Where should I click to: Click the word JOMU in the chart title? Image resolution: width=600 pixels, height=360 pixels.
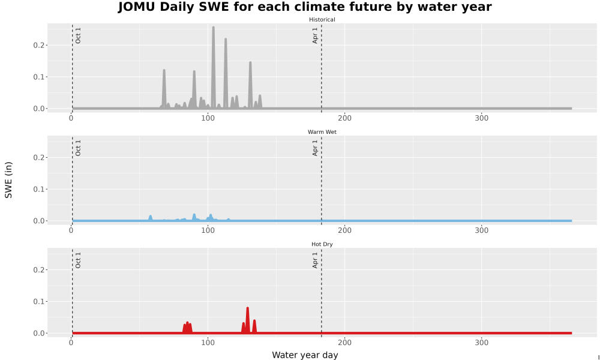(136, 7)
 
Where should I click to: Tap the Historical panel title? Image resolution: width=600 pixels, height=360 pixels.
(322, 20)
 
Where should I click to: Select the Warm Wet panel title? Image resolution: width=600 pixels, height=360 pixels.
(322, 132)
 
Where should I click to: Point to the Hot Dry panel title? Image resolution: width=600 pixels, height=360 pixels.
(322, 244)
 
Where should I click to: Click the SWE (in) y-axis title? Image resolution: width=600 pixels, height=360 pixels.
(8, 180)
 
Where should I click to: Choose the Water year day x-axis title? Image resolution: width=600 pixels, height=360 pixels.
(305, 355)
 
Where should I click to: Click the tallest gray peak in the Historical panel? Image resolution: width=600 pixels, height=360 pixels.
(214, 28)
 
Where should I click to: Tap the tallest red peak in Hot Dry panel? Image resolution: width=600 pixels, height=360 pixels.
(248, 308)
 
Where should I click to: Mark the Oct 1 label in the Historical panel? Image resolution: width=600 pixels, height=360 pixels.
(78, 35)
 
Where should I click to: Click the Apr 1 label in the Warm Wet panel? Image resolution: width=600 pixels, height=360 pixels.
(315, 148)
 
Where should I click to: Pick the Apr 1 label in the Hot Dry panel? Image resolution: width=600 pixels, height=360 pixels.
(315, 260)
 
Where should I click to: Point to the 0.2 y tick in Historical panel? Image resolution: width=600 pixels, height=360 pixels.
(39, 45)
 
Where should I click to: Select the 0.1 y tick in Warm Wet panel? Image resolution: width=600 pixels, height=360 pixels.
(39, 189)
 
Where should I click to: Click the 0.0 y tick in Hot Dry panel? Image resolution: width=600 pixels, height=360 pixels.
(39, 333)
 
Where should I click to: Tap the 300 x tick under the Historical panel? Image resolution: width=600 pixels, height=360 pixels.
(481, 118)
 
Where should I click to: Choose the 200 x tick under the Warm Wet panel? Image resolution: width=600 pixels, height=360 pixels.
(345, 230)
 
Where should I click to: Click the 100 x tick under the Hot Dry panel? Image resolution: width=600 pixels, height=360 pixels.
(208, 343)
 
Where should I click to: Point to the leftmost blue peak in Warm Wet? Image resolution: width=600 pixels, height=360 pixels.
(151, 216)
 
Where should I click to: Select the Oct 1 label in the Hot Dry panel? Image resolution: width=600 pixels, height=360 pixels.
(78, 260)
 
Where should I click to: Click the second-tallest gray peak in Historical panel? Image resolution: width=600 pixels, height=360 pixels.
(226, 39)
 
